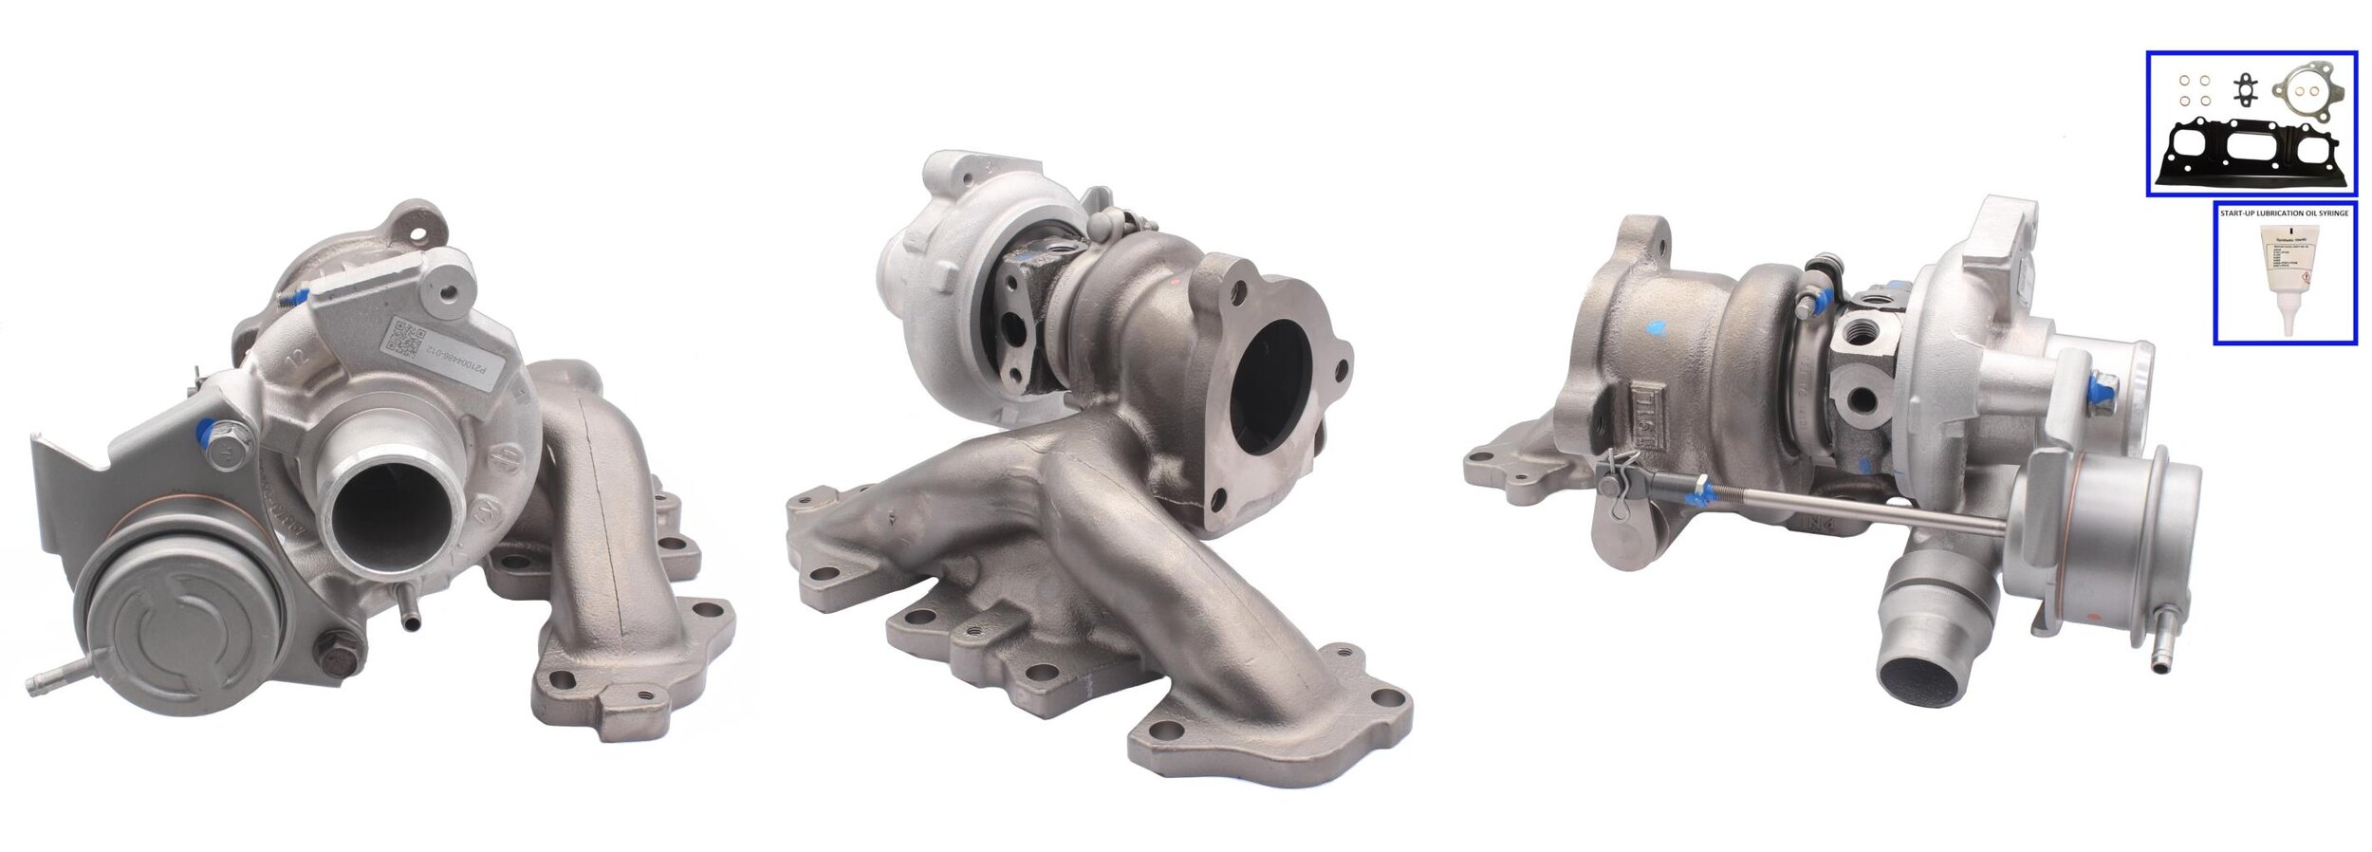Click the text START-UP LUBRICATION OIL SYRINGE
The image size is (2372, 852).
pyautogui.click(x=2285, y=213)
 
